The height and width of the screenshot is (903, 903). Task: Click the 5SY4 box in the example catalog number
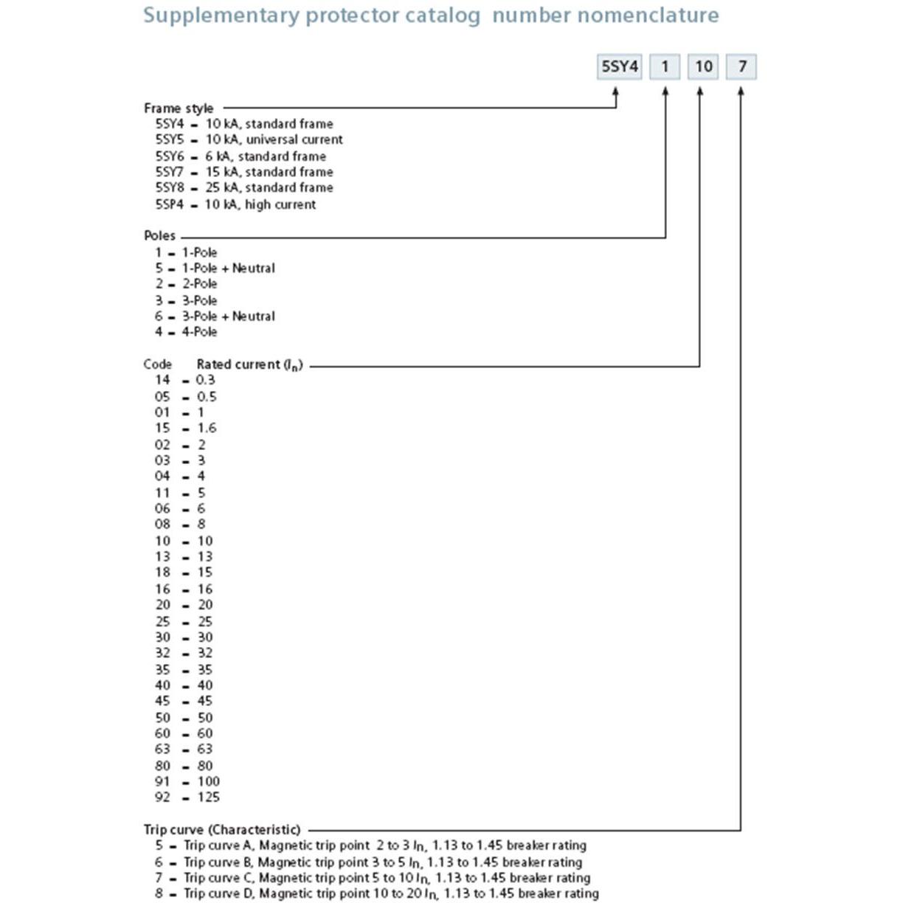tap(619, 67)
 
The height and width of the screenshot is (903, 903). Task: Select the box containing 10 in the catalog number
tap(703, 67)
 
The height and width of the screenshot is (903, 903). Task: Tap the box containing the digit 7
tap(741, 67)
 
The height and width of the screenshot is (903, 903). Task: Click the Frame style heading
tap(179, 108)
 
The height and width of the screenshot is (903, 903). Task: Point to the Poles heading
tap(159, 236)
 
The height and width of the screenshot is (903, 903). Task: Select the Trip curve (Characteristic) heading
tap(222, 829)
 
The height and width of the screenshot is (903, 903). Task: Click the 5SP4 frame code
tap(169, 204)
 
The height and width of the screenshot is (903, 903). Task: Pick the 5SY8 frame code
tap(169, 187)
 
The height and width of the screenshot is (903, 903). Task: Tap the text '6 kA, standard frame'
tap(266, 156)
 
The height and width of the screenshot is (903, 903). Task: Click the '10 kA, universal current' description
tap(274, 139)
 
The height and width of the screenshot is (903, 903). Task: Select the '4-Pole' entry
tap(199, 332)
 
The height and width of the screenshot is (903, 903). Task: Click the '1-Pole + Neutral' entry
tap(228, 268)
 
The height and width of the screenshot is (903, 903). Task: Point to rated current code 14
tap(162, 380)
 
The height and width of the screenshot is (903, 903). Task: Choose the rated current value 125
tap(208, 798)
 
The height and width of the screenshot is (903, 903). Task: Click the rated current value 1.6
tap(207, 428)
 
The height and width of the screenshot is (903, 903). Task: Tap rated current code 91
tap(162, 781)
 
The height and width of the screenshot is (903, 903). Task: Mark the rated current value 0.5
tap(207, 397)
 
